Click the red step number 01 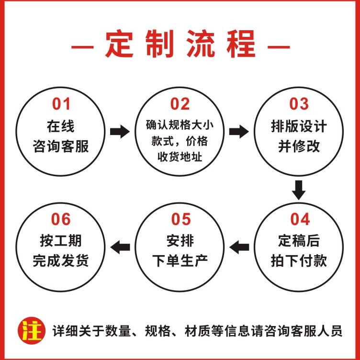pyautogui.click(x=61, y=104)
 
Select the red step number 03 pyautogui.click(x=299, y=104)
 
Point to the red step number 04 pyautogui.click(x=300, y=219)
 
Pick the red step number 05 pyautogui.click(x=180, y=219)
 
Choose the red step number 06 pyautogui.click(x=61, y=219)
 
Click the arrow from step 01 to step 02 pyautogui.click(x=120, y=131)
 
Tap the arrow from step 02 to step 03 pyautogui.click(x=239, y=131)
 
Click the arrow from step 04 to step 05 pyautogui.click(x=240, y=247)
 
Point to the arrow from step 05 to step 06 pyautogui.click(x=120, y=247)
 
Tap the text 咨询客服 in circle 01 pyautogui.click(x=61, y=146)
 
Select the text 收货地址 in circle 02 pyautogui.click(x=180, y=156)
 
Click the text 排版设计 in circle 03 pyautogui.click(x=299, y=126)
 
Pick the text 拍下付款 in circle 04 pyautogui.click(x=300, y=261)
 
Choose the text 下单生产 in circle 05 pyautogui.click(x=180, y=261)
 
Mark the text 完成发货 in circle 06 pyautogui.click(x=61, y=261)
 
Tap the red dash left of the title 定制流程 pyautogui.click(x=82, y=47)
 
